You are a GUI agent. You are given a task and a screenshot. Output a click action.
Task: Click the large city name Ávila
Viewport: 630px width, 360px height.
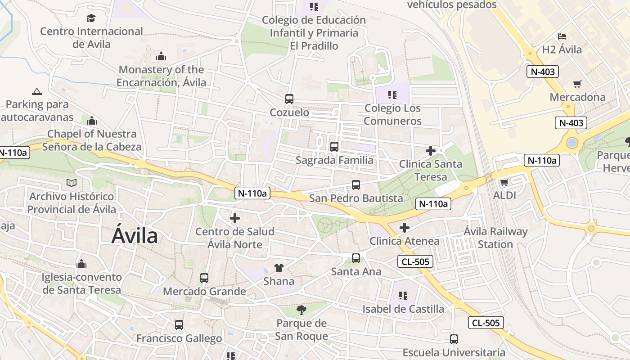[x=135, y=236]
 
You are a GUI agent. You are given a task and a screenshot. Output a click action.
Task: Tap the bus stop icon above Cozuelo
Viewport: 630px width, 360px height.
[x=289, y=99]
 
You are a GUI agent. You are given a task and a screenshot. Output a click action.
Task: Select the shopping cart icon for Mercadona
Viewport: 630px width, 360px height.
[x=577, y=84]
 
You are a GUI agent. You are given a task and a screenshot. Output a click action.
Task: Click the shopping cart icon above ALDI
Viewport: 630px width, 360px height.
[x=504, y=182]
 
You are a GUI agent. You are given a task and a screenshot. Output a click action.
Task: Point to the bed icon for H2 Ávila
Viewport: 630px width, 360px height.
[x=562, y=36]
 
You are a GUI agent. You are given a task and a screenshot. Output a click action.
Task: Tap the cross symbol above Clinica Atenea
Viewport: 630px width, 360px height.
[x=405, y=228]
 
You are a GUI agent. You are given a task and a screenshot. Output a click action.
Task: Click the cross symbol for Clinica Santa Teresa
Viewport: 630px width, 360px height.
[x=431, y=151]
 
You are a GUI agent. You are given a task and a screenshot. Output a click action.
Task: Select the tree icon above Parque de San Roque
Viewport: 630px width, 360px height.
[x=301, y=310]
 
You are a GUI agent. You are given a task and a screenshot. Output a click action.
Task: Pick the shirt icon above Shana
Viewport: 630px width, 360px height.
[x=279, y=268]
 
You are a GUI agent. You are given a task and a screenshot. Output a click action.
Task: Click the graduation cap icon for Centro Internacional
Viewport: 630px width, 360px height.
[x=91, y=18]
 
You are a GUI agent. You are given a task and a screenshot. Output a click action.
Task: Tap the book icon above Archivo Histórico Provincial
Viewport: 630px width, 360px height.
[x=72, y=183]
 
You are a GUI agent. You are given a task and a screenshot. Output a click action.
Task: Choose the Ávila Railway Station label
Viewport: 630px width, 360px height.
[x=495, y=238]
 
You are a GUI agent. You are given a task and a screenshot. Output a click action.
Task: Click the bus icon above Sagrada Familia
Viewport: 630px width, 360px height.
[x=334, y=146]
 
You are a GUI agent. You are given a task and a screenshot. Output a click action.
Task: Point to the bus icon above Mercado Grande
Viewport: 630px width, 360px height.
[x=204, y=278]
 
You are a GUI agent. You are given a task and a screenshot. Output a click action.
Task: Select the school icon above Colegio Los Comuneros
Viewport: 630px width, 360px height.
[x=392, y=94]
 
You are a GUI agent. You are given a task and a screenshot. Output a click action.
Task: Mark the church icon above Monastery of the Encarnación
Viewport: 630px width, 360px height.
[x=161, y=56]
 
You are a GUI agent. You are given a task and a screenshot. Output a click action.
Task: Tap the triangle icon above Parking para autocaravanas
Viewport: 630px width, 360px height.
[x=37, y=91]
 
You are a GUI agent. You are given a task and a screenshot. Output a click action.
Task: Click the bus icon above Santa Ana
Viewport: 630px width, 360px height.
[x=356, y=258]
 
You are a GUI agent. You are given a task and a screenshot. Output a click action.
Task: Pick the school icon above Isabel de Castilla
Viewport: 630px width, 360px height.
[x=403, y=295]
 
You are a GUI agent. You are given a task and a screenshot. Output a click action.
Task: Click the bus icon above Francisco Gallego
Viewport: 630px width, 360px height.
[x=179, y=324]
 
